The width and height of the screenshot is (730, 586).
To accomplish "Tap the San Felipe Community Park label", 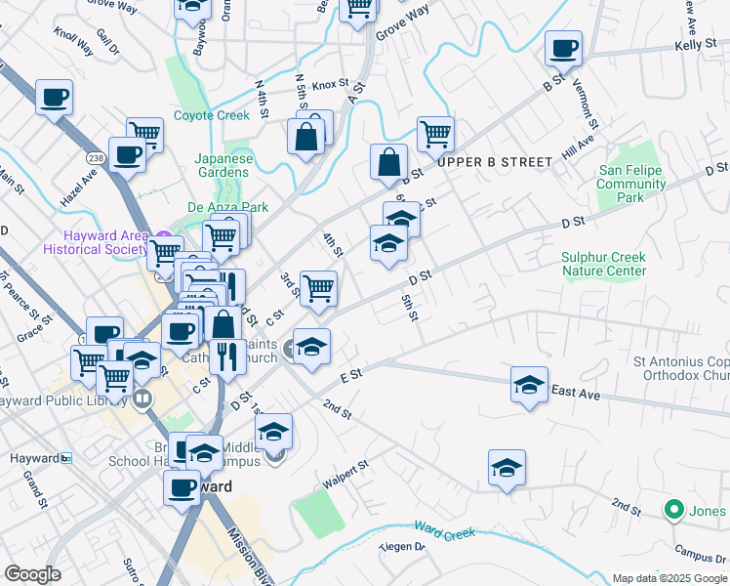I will (x=630, y=184).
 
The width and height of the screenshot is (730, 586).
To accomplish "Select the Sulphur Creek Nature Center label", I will (x=603, y=264).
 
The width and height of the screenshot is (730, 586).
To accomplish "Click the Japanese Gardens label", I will (x=223, y=165).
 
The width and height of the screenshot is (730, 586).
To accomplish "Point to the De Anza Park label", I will (x=227, y=207).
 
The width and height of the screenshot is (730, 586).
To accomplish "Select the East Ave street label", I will (x=575, y=392).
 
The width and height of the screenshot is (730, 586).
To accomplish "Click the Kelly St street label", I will (x=695, y=46).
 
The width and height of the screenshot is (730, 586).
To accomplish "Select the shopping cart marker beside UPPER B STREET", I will (x=435, y=134).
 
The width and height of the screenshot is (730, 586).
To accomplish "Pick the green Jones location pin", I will (x=672, y=509).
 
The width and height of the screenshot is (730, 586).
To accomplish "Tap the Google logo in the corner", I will (x=32, y=574).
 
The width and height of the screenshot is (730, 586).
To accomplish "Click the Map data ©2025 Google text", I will (x=669, y=578).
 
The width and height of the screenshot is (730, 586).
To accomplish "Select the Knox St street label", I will (x=330, y=86).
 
